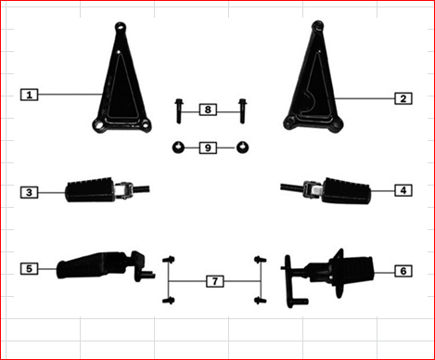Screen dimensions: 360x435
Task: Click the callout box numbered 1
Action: tap(30, 95)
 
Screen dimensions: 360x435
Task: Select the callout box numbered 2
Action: tap(403, 97)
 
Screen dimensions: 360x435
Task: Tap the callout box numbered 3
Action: tap(30, 192)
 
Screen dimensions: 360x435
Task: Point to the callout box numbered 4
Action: tap(403, 190)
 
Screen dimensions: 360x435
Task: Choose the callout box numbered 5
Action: tap(30, 268)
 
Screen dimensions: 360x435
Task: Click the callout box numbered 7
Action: tap(214, 280)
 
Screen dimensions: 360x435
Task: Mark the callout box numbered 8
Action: tap(209, 109)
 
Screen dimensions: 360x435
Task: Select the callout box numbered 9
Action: tap(209, 148)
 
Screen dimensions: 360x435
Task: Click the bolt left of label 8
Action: tap(178, 109)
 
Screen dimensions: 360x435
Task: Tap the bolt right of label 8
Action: tap(243, 109)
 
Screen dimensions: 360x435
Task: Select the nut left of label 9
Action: tap(177, 148)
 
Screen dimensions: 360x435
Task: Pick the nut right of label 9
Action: tap(243, 148)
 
